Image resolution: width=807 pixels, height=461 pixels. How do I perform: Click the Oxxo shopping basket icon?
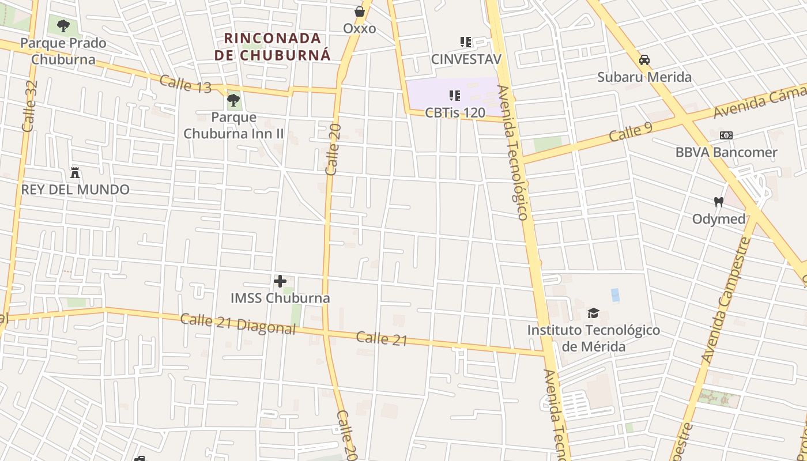(360, 12)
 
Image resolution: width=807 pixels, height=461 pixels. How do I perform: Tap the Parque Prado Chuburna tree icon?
(63, 26)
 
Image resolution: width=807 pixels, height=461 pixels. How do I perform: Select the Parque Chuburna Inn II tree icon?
(233, 100)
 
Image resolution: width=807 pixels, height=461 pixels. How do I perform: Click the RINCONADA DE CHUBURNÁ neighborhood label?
(273, 47)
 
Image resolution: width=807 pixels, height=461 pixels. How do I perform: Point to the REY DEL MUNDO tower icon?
(75, 172)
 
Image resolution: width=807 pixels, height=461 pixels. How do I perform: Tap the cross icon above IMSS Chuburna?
(280, 281)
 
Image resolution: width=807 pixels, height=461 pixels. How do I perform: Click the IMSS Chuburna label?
(280, 298)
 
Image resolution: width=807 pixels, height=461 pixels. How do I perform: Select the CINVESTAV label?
(466, 59)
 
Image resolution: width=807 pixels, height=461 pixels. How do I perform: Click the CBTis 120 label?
(455, 112)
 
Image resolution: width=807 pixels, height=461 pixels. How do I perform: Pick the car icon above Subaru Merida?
(644, 60)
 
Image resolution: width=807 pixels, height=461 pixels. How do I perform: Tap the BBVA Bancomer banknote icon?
(726, 135)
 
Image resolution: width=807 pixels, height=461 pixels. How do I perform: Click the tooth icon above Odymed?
(718, 202)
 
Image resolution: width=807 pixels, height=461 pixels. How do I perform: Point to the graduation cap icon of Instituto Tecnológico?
(593, 313)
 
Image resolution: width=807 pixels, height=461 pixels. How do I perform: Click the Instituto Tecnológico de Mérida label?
(594, 338)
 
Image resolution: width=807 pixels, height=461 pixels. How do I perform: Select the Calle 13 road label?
(186, 84)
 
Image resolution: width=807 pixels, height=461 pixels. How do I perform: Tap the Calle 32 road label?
(29, 105)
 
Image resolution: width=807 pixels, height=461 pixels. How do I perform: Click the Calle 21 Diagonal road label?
(238, 324)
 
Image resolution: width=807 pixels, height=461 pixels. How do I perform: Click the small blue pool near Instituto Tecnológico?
(615, 295)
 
